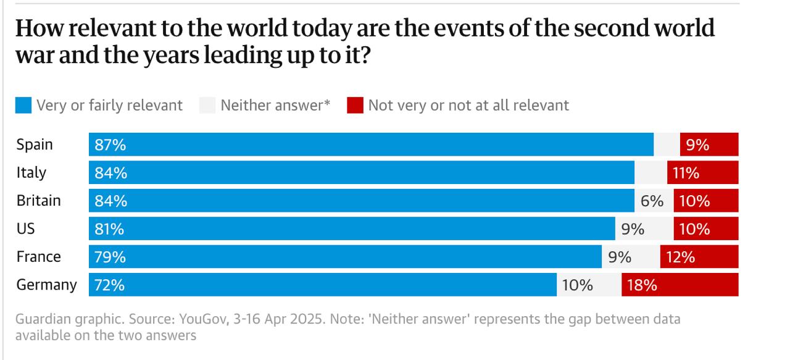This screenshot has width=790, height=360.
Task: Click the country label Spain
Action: tap(35, 144)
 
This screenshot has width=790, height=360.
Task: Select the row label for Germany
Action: tap(46, 285)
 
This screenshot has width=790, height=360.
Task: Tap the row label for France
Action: tap(38, 256)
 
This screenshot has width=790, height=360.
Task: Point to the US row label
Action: tap(25, 228)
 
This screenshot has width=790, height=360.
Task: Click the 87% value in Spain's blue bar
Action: tap(110, 144)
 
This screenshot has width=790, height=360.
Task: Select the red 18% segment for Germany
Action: tap(680, 285)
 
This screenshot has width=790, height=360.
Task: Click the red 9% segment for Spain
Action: tap(709, 144)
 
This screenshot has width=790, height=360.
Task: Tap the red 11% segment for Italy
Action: tap(702, 173)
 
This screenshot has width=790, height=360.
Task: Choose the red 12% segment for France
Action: tap(699, 256)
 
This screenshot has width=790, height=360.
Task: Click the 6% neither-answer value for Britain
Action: tap(652, 201)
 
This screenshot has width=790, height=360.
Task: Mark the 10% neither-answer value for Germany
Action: tap(577, 285)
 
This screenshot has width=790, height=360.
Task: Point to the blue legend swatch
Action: tap(23, 106)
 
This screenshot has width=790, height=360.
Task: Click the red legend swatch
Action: tap(354, 106)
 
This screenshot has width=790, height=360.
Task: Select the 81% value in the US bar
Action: tap(109, 228)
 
